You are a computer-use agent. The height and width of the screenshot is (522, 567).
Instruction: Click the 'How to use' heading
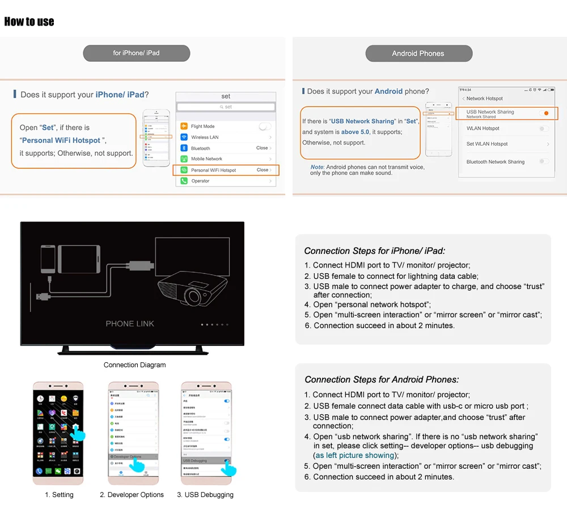(x=29, y=22)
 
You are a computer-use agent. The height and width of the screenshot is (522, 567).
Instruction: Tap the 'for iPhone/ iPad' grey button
(x=136, y=53)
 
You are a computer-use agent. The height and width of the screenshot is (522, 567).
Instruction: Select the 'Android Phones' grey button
(x=418, y=53)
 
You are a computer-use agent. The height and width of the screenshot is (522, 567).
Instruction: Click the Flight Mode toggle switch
(x=265, y=126)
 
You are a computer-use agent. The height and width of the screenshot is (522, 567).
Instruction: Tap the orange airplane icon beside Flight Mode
(x=184, y=126)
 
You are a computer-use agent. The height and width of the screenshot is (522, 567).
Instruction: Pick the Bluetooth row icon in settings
(x=184, y=148)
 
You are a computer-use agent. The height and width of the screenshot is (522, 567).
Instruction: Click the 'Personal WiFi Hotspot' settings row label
(x=213, y=170)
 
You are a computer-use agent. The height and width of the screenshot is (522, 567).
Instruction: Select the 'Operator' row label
(x=200, y=181)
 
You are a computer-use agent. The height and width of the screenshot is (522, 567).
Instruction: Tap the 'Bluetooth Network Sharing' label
(x=495, y=162)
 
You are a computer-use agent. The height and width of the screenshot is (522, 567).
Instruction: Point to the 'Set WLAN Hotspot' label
(x=487, y=144)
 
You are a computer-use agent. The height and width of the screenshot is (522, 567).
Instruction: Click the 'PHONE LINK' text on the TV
(x=130, y=324)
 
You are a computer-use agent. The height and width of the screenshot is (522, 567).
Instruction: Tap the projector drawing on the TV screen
(x=192, y=288)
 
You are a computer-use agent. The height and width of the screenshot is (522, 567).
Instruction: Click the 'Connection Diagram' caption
(x=135, y=365)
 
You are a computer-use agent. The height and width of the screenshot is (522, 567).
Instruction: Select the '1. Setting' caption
(x=59, y=495)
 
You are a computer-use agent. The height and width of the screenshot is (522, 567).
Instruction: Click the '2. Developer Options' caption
(x=132, y=495)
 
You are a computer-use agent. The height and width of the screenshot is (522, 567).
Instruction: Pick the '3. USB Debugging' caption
(x=205, y=495)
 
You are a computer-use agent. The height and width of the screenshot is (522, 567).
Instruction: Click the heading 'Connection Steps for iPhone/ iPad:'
(x=375, y=251)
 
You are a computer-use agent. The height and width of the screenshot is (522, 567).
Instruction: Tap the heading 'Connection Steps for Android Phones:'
(x=382, y=380)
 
